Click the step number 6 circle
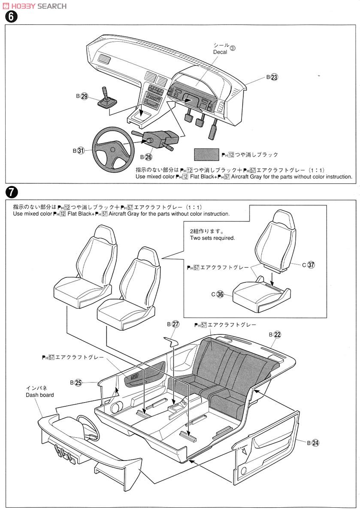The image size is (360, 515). [9, 17]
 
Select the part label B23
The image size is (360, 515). [272, 78]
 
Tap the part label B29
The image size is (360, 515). [82, 97]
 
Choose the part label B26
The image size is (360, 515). [145, 157]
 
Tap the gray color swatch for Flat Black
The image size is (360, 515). [206, 154]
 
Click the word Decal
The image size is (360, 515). [220, 52]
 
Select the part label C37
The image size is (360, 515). [309, 265]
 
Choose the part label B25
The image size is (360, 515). [76, 382]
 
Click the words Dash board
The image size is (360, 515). [39, 395]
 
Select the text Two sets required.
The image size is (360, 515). [212, 238]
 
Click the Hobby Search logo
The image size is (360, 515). [35, 6]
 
